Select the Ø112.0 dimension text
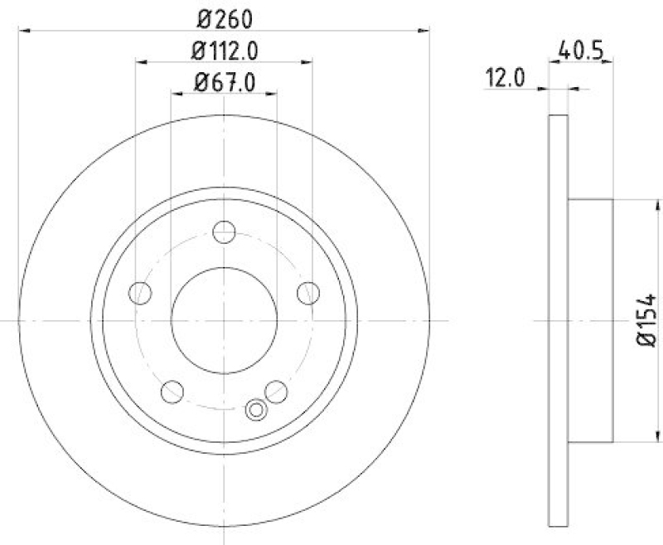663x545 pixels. tap(224, 51)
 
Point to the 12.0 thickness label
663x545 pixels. tap(506, 79)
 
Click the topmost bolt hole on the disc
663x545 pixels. tap(224, 231)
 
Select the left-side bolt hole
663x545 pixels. tap(141, 292)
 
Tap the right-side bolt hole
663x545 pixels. tap(308, 292)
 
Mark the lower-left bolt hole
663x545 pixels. tap(172, 390)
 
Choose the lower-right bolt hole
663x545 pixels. tap(276, 391)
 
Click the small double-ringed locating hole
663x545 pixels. tap(257, 408)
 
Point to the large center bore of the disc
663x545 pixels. tap(224, 320)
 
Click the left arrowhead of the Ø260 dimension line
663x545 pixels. tap(22, 32)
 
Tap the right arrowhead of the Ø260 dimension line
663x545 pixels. tap(426, 32)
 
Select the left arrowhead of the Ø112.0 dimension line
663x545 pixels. tap(139, 62)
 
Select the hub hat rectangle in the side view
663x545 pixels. tap(590, 320)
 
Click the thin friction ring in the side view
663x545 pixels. tap(559, 320)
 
